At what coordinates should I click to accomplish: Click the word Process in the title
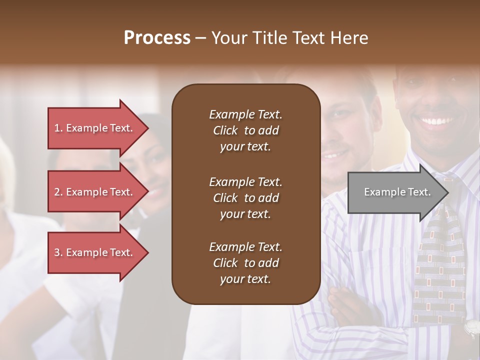coord(157,38)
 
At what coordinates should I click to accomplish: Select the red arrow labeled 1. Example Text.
coord(95,128)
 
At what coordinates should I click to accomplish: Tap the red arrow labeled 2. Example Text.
coord(95,192)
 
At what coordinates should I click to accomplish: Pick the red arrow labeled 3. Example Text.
coord(95,252)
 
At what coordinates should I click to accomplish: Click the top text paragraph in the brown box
coord(245,130)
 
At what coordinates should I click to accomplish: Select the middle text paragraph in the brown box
coord(245,198)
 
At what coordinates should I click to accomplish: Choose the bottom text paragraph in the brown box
coord(245,263)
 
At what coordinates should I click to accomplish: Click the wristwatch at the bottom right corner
coord(471,328)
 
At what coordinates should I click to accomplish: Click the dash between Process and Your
coord(200,38)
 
